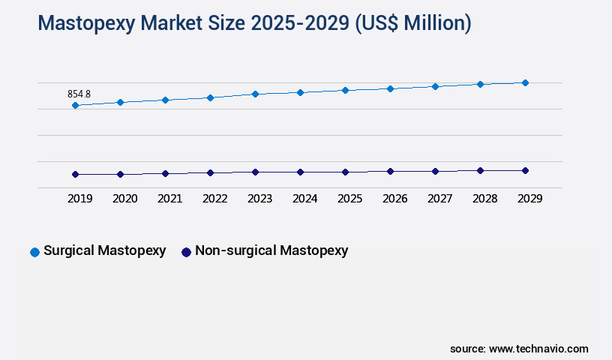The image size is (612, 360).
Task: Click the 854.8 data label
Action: click(79, 94)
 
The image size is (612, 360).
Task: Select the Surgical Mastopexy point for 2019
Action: click(75, 106)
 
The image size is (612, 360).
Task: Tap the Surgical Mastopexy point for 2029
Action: click(525, 82)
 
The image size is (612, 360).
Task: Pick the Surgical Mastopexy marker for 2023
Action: click(255, 94)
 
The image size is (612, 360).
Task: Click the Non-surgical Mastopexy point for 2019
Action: click(75, 174)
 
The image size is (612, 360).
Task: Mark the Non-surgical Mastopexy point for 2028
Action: click(480, 170)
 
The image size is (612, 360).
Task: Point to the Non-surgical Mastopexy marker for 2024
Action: click(300, 172)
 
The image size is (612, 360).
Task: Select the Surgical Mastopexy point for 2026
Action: click(390, 88)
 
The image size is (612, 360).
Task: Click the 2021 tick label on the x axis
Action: click(169, 199)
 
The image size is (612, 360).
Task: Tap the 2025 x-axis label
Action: click(349, 199)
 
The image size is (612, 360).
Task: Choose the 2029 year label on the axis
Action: click(529, 199)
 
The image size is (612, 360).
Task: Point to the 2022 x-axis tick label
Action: click(214, 199)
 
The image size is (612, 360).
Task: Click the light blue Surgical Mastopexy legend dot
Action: click(34, 252)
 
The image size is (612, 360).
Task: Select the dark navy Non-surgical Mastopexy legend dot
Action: click(186, 252)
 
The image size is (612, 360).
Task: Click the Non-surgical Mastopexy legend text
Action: click(271, 251)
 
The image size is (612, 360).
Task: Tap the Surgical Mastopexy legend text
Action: click(105, 251)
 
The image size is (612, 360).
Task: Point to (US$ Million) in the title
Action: click(412, 24)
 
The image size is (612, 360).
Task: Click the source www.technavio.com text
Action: click(519, 349)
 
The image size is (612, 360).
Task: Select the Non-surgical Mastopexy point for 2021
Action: click(165, 173)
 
